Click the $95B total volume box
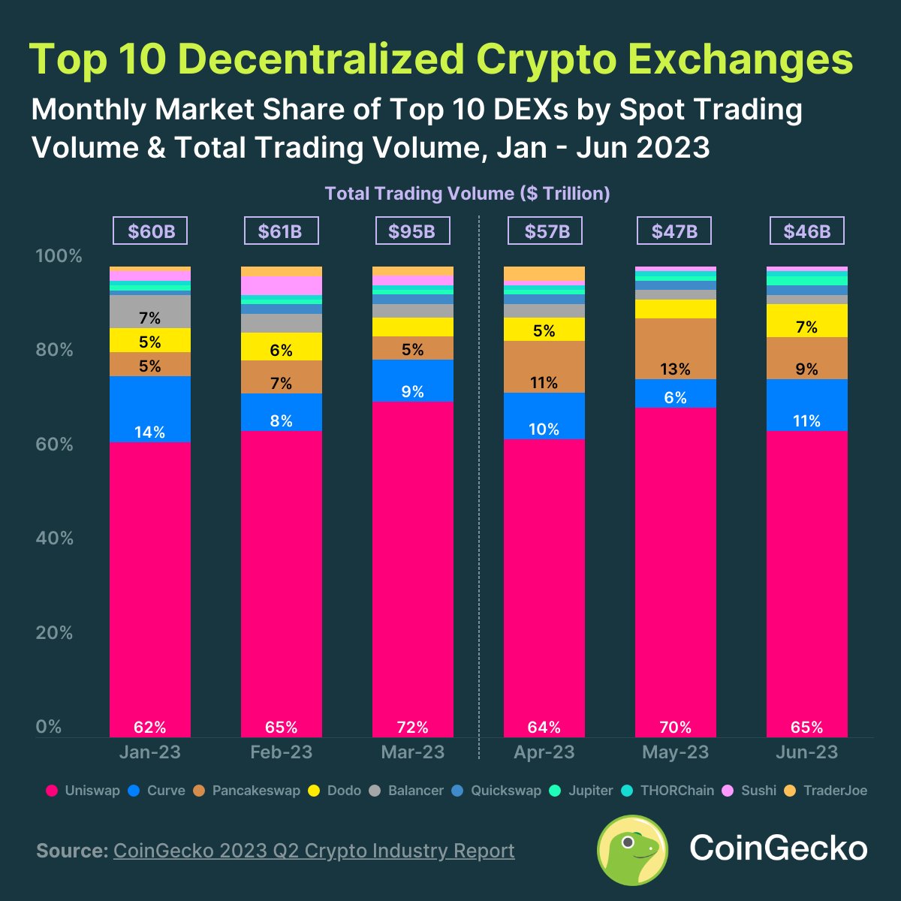(x=412, y=231)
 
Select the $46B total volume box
(x=807, y=231)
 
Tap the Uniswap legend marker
(x=52, y=791)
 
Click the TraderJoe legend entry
(x=826, y=791)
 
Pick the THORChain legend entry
(x=669, y=791)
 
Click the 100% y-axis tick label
(x=59, y=256)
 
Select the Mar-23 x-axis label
(x=412, y=752)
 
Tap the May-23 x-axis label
(x=675, y=752)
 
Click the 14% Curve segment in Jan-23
(x=150, y=409)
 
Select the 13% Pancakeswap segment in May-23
(x=675, y=349)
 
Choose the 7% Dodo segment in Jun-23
(x=807, y=321)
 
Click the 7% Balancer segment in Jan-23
(x=150, y=312)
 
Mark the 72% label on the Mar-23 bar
(x=412, y=727)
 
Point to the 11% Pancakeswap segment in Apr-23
(x=544, y=367)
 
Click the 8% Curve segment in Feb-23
(x=282, y=412)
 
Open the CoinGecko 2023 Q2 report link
(x=314, y=851)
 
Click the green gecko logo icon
(x=632, y=850)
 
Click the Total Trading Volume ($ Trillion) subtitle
(x=467, y=194)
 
